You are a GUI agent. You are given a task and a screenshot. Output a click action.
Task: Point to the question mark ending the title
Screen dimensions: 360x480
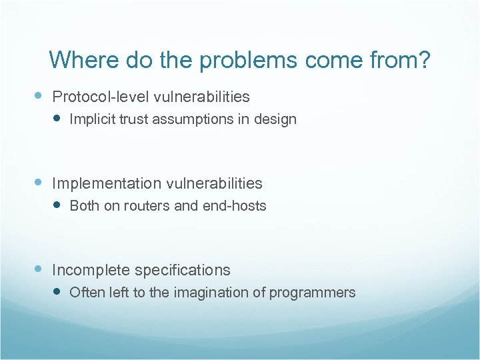[x=424, y=60]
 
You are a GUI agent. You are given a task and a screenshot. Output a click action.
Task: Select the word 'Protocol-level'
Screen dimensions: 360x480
[x=101, y=97]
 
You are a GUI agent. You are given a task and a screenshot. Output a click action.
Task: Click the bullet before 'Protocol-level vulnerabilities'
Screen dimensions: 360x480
[x=39, y=96]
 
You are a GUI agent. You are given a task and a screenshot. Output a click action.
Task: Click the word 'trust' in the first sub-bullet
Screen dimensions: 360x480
[x=131, y=120]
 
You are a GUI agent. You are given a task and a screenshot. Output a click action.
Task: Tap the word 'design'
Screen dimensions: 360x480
[x=277, y=120]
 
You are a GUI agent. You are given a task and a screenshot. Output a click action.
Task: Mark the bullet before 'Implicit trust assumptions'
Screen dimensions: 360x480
[x=57, y=119]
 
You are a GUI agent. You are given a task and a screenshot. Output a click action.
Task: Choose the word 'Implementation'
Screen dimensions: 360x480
[x=107, y=183]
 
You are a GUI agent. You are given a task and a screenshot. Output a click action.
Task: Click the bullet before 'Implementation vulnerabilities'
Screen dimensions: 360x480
[x=39, y=182]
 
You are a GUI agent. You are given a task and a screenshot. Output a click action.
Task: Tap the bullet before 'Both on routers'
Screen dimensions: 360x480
[x=57, y=205]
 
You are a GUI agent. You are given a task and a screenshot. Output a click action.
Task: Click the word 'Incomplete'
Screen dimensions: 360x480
[x=91, y=271]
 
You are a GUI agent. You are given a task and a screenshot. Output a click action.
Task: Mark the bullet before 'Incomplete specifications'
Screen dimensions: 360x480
[x=39, y=269]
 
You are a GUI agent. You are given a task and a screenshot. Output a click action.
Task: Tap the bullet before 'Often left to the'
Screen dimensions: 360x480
[x=57, y=292]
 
